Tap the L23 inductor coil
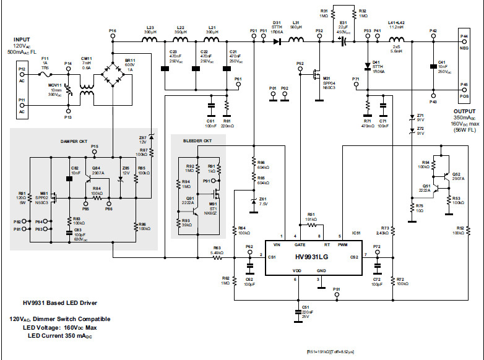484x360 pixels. (x=150, y=41)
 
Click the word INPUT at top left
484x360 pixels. (x=22, y=40)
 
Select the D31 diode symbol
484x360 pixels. (x=276, y=41)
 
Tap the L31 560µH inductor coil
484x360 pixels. (x=296, y=41)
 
